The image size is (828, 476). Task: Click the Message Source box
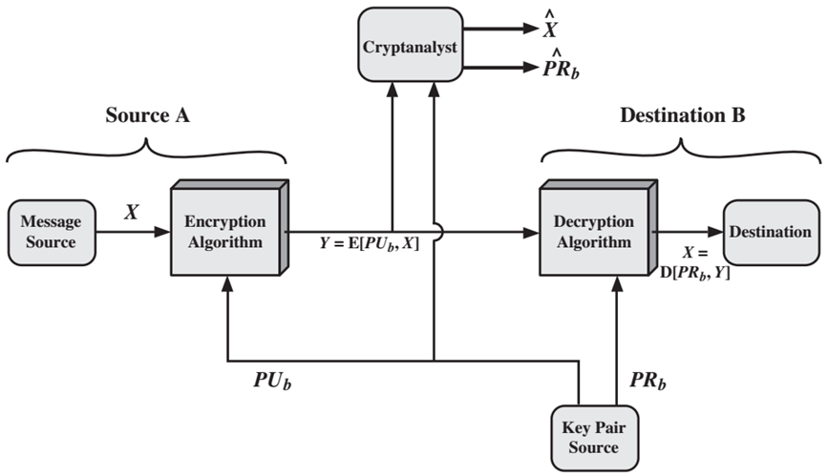click(x=52, y=232)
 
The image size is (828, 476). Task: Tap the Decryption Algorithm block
click(x=598, y=227)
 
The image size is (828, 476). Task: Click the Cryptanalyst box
click(x=411, y=44)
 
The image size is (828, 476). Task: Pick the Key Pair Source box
click(x=594, y=438)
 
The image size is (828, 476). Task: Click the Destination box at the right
click(x=771, y=232)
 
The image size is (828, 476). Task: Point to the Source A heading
click(x=147, y=115)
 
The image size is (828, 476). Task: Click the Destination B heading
click(x=682, y=115)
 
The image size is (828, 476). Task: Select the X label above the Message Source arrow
click(x=132, y=212)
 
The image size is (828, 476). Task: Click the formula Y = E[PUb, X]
click(x=370, y=244)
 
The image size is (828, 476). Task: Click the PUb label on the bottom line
click(x=272, y=381)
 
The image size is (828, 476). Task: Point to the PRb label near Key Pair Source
click(x=648, y=381)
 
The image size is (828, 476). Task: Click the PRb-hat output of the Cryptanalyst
click(x=561, y=64)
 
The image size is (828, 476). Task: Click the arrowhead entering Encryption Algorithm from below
click(x=227, y=284)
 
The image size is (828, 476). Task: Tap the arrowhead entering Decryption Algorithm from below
click(x=617, y=284)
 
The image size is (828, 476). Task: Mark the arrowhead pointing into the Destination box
click(x=715, y=232)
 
